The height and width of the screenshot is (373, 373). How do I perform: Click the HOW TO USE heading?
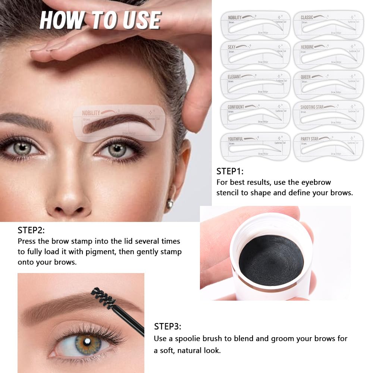pos(100,20)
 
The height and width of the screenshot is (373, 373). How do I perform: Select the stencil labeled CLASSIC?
pos(328,25)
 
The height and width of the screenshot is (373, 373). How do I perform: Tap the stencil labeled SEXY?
pos(255,55)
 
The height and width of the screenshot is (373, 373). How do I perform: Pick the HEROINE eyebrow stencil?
pos(328,55)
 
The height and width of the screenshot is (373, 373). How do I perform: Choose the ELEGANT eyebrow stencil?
pos(255,84)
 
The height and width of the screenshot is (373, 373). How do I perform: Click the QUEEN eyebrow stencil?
pos(328,84)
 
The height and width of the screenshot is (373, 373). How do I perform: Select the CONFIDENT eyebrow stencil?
pos(255,115)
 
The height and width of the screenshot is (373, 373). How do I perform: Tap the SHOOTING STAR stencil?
pos(328,115)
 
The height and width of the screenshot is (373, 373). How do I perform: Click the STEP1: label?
pos(230,172)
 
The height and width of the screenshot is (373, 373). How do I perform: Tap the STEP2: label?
pos(31,230)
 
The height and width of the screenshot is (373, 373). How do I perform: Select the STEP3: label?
pos(167,327)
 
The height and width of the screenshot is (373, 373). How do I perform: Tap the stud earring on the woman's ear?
pos(170,204)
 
